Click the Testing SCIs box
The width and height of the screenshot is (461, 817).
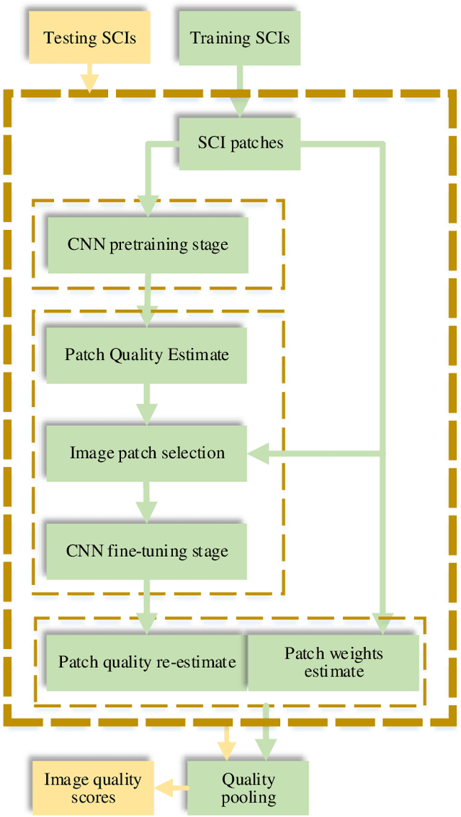point(89,37)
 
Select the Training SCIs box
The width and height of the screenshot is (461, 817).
point(240,37)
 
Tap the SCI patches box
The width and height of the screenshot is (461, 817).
point(240,143)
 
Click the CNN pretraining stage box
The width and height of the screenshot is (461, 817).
point(147,245)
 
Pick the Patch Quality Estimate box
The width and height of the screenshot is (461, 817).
point(147,354)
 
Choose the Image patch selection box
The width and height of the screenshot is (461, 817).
point(147,453)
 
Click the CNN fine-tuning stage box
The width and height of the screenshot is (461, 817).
point(147,551)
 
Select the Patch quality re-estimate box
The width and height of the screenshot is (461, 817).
point(147,662)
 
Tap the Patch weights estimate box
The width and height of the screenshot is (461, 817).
point(334,662)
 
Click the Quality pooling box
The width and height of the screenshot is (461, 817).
point(248,787)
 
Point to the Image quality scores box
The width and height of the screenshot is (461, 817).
point(92,787)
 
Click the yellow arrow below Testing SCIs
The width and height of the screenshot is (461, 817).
point(89,79)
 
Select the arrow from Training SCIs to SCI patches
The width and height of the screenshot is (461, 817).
point(239,91)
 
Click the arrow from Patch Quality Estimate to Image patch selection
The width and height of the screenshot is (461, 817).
point(147,404)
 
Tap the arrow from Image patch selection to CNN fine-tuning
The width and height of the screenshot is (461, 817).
point(147,503)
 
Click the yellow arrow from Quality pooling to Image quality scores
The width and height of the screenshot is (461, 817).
point(171,787)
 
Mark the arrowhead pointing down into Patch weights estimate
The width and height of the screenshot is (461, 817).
point(382,623)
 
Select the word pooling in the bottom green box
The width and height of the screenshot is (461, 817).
point(248,797)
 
